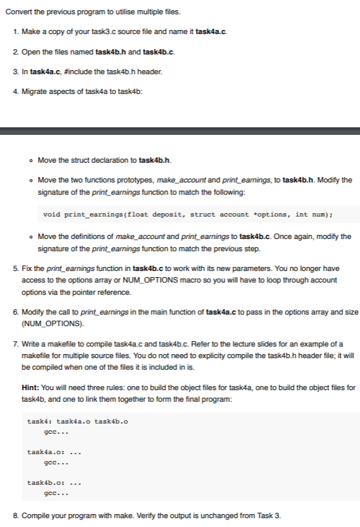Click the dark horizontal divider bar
[180, 130]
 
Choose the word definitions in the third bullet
[83, 236]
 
